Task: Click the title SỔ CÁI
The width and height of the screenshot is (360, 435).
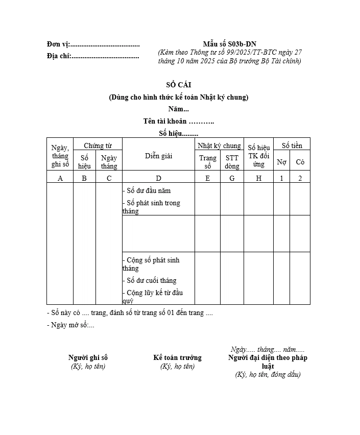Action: click(x=179, y=85)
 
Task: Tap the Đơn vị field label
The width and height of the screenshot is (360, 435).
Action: click(x=58, y=44)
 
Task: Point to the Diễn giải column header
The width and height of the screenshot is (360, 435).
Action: click(x=158, y=156)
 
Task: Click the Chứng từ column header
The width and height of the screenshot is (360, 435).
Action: click(x=98, y=146)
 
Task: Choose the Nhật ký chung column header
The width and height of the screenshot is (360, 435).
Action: click(x=219, y=146)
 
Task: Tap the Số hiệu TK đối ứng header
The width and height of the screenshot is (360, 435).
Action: click(x=259, y=156)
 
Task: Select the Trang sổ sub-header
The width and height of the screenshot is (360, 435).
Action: click(x=208, y=162)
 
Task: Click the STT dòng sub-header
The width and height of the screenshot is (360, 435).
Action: click(x=232, y=162)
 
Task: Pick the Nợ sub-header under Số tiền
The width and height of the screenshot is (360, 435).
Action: click(x=281, y=162)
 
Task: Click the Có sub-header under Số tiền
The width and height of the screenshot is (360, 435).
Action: click(x=300, y=162)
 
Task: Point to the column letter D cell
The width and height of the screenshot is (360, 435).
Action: click(x=158, y=178)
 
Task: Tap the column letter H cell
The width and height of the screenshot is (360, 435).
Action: click(x=259, y=178)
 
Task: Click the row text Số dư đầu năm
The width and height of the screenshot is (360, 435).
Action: click(x=149, y=190)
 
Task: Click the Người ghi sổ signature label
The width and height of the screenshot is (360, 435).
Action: click(x=88, y=357)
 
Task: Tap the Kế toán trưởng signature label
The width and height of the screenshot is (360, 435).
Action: click(x=177, y=357)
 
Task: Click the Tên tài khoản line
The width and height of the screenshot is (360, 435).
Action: click(x=179, y=121)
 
